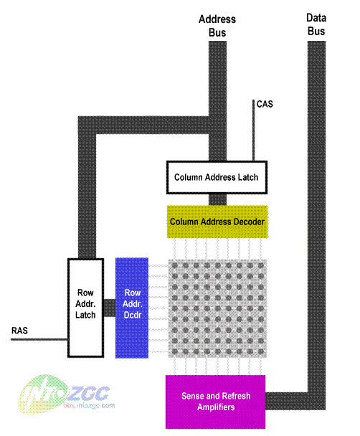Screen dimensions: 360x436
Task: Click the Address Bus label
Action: click(217, 26)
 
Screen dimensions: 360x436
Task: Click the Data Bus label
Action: click(316, 24)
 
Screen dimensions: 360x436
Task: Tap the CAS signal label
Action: click(265, 104)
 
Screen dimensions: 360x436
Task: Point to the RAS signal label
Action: click(19, 331)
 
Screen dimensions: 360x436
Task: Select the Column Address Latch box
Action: click(217, 177)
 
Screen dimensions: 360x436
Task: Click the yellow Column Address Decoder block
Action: click(217, 222)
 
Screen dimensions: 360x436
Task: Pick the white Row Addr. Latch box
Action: click(85, 308)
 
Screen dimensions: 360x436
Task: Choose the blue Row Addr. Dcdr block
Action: click(132, 308)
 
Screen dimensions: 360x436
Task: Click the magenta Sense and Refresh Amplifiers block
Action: click(215, 402)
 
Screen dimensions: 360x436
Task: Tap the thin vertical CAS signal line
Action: click(253, 130)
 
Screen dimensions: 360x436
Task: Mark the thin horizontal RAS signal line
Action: click(39, 339)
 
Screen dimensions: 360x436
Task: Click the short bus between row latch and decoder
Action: click(110, 308)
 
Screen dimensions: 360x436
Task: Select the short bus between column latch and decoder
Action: click(217, 199)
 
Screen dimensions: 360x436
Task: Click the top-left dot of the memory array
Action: click(175, 265)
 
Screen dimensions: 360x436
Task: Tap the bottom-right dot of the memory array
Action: click(261, 352)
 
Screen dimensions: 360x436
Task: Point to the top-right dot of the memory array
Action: click(261, 265)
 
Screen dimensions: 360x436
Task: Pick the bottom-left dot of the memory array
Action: click(175, 352)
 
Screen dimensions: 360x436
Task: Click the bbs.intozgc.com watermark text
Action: click(89, 405)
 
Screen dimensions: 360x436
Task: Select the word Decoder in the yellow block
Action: click(249, 222)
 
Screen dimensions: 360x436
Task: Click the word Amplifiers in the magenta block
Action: click(216, 407)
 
